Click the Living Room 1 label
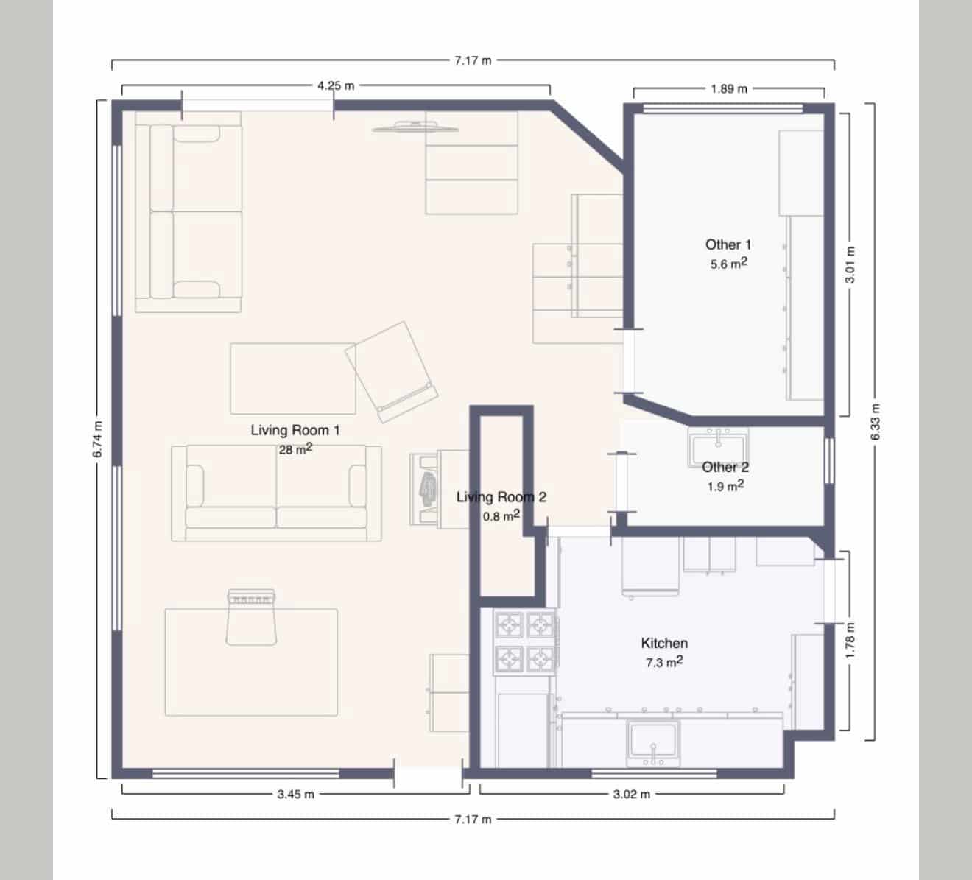pos(295,430)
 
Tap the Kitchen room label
pos(664,644)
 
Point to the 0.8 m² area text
pos(501,515)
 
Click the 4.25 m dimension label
pos(336,85)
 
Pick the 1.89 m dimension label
pos(728,89)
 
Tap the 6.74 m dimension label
pos(97,440)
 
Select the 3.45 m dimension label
pos(295,794)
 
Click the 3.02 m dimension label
pos(632,794)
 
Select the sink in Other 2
pos(717,446)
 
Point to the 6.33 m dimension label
pos(874,422)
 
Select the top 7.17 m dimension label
pos(473,60)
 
